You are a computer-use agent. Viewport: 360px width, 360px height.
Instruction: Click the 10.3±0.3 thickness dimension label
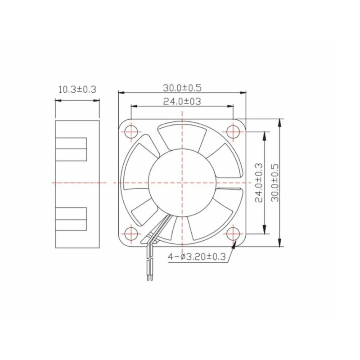tap(77, 89)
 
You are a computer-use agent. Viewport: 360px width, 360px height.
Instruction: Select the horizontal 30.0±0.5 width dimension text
tap(182, 88)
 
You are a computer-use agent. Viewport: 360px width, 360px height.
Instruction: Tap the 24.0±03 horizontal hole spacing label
tap(182, 101)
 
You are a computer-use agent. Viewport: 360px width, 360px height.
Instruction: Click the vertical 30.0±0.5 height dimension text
tap(275, 183)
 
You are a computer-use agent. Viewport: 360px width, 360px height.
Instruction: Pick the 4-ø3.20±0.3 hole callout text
tap(197, 256)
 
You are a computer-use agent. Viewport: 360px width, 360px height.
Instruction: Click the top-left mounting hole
tap(131, 132)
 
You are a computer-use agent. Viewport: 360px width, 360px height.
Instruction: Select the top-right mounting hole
tap(233, 132)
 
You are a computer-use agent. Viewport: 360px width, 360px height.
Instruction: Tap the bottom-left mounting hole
tap(131, 234)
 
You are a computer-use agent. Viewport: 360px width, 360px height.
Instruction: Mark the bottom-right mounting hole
tap(233, 234)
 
